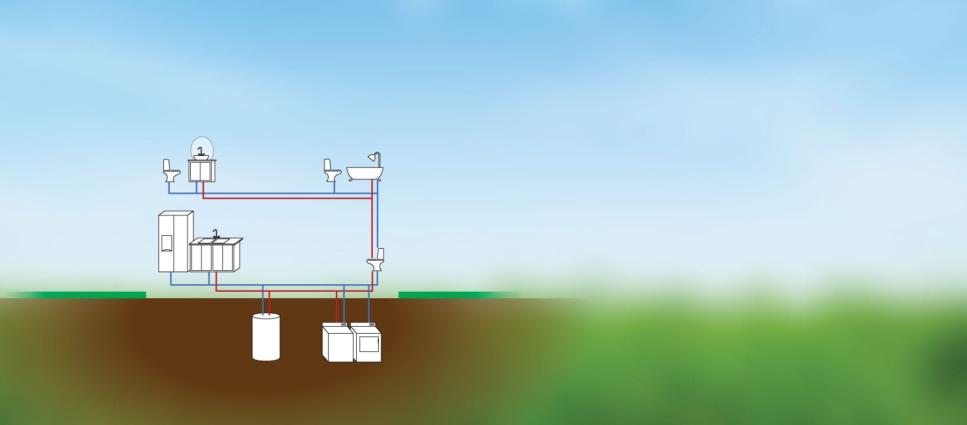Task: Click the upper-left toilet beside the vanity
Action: pyautogui.click(x=171, y=171)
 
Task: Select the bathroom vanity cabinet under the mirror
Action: pyautogui.click(x=202, y=171)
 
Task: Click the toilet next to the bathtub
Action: pyautogui.click(x=331, y=171)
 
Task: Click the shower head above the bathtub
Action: pyautogui.click(x=371, y=157)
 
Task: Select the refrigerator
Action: pyautogui.click(x=175, y=242)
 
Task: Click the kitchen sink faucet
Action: pyautogui.click(x=216, y=233)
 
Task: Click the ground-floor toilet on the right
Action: pyautogui.click(x=376, y=261)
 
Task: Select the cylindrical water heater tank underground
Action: pyautogui.click(x=266, y=337)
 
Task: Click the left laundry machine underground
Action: pyautogui.click(x=337, y=342)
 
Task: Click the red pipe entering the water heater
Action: pyautogui.click(x=269, y=304)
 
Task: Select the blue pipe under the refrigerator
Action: pyautogui.click(x=171, y=278)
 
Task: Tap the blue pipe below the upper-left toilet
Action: pyautogui.click(x=169, y=188)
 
